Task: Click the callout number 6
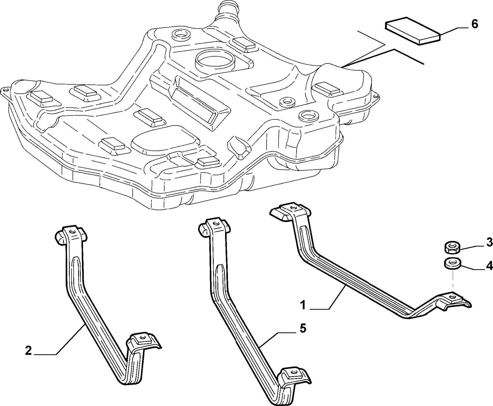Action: tap(474, 24)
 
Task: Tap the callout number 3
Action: tap(489, 242)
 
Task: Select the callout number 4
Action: tap(489, 266)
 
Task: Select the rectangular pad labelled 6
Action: tap(413, 31)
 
